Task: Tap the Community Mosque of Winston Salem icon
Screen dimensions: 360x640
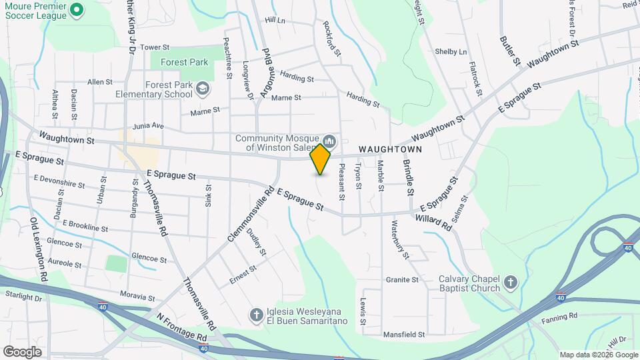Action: pyautogui.click(x=329, y=141)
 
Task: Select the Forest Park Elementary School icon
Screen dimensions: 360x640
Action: pyautogui.click(x=202, y=88)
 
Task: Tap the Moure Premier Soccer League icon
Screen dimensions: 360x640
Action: pyautogui.click(x=76, y=9)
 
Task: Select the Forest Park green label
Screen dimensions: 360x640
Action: pyautogui.click(x=184, y=62)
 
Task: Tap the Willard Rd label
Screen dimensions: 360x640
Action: pyautogui.click(x=433, y=223)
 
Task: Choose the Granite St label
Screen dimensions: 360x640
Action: pyautogui.click(x=402, y=280)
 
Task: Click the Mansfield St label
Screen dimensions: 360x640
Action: pyautogui.click(x=405, y=334)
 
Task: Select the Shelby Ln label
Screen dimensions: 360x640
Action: pyautogui.click(x=451, y=51)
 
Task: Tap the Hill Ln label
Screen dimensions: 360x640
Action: pyautogui.click(x=275, y=21)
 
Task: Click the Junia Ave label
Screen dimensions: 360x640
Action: pyautogui.click(x=148, y=125)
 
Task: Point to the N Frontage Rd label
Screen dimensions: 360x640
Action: pyautogui.click(x=182, y=326)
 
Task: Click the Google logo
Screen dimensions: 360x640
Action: pyautogui.click(x=22, y=351)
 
